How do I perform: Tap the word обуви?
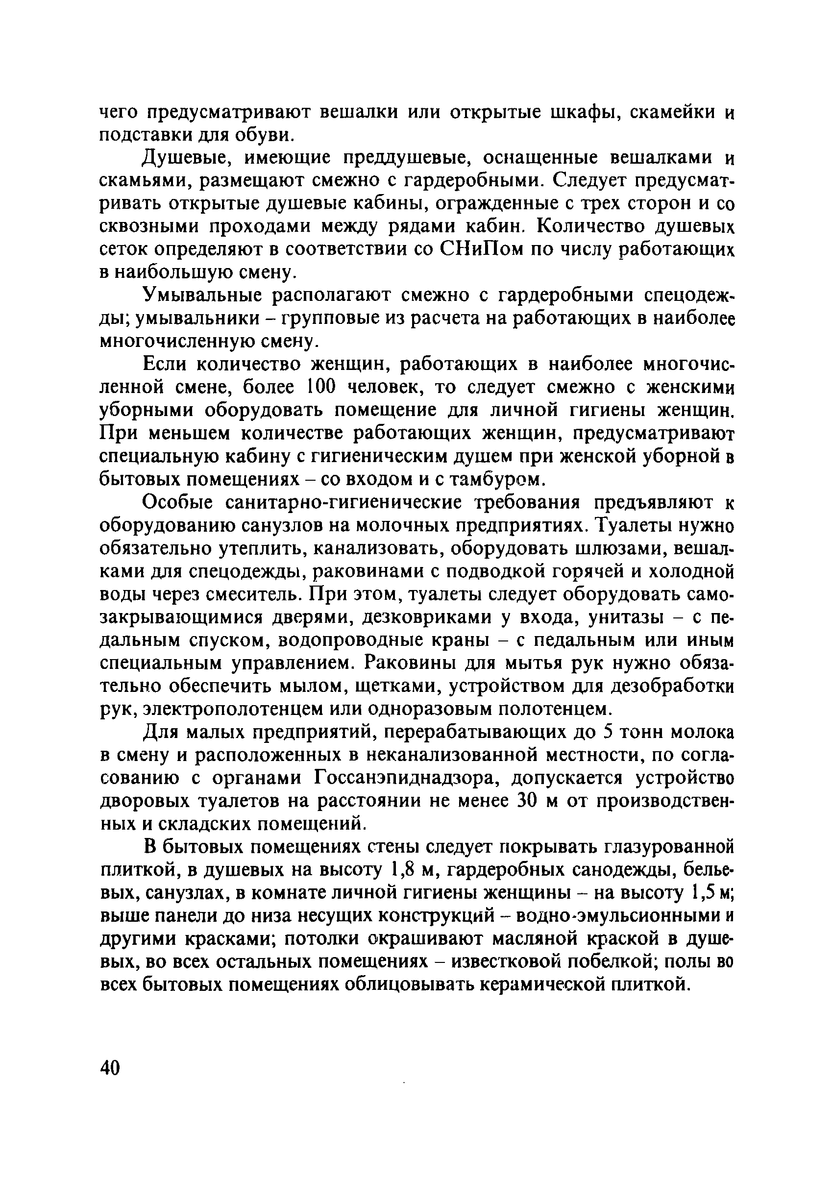tap(265, 135)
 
